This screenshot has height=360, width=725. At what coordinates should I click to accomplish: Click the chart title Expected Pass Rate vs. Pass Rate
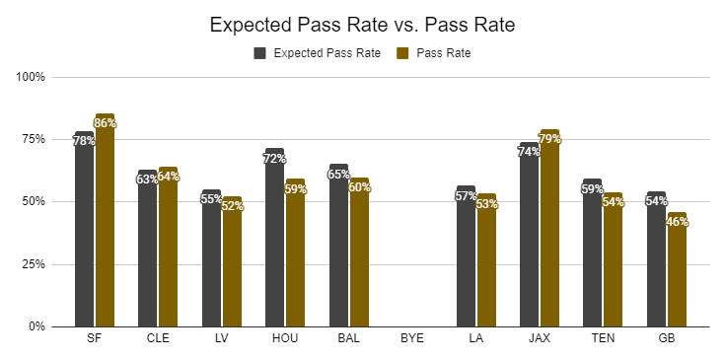tap(362, 25)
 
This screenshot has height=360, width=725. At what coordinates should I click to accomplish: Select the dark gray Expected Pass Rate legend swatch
tap(259, 53)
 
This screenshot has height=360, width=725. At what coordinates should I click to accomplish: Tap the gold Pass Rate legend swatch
tap(402, 53)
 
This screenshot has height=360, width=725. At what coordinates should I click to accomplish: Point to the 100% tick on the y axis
tap(31, 77)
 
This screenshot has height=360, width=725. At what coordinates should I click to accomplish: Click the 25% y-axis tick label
tap(34, 264)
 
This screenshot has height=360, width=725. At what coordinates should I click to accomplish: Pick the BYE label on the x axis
tap(412, 338)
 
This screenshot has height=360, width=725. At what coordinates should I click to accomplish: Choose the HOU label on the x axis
tap(285, 338)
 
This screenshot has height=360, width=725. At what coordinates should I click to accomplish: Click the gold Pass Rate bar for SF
tap(105, 220)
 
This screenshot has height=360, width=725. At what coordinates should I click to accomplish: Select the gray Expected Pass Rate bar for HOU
tap(274, 238)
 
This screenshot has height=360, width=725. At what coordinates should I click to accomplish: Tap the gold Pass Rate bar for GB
tap(677, 269)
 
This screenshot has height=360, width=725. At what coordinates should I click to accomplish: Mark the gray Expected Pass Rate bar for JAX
tap(529, 235)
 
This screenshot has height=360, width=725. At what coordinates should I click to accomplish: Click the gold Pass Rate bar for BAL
tap(359, 252)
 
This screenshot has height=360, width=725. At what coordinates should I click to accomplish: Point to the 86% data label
tap(105, 123)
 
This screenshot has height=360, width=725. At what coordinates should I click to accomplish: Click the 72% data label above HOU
tap(274, 159)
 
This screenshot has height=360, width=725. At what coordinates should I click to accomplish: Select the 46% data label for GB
tap(677, 222)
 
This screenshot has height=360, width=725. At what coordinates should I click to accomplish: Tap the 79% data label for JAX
tap(549, 139)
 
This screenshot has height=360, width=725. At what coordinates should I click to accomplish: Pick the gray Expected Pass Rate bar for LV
tap(211, 258)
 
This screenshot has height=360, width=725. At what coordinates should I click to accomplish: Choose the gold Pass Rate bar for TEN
tap(613, 259)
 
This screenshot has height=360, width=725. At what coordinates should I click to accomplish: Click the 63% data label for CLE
tap(147, 179)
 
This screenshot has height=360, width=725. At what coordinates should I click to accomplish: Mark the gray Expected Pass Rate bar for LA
tap(466, 256)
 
